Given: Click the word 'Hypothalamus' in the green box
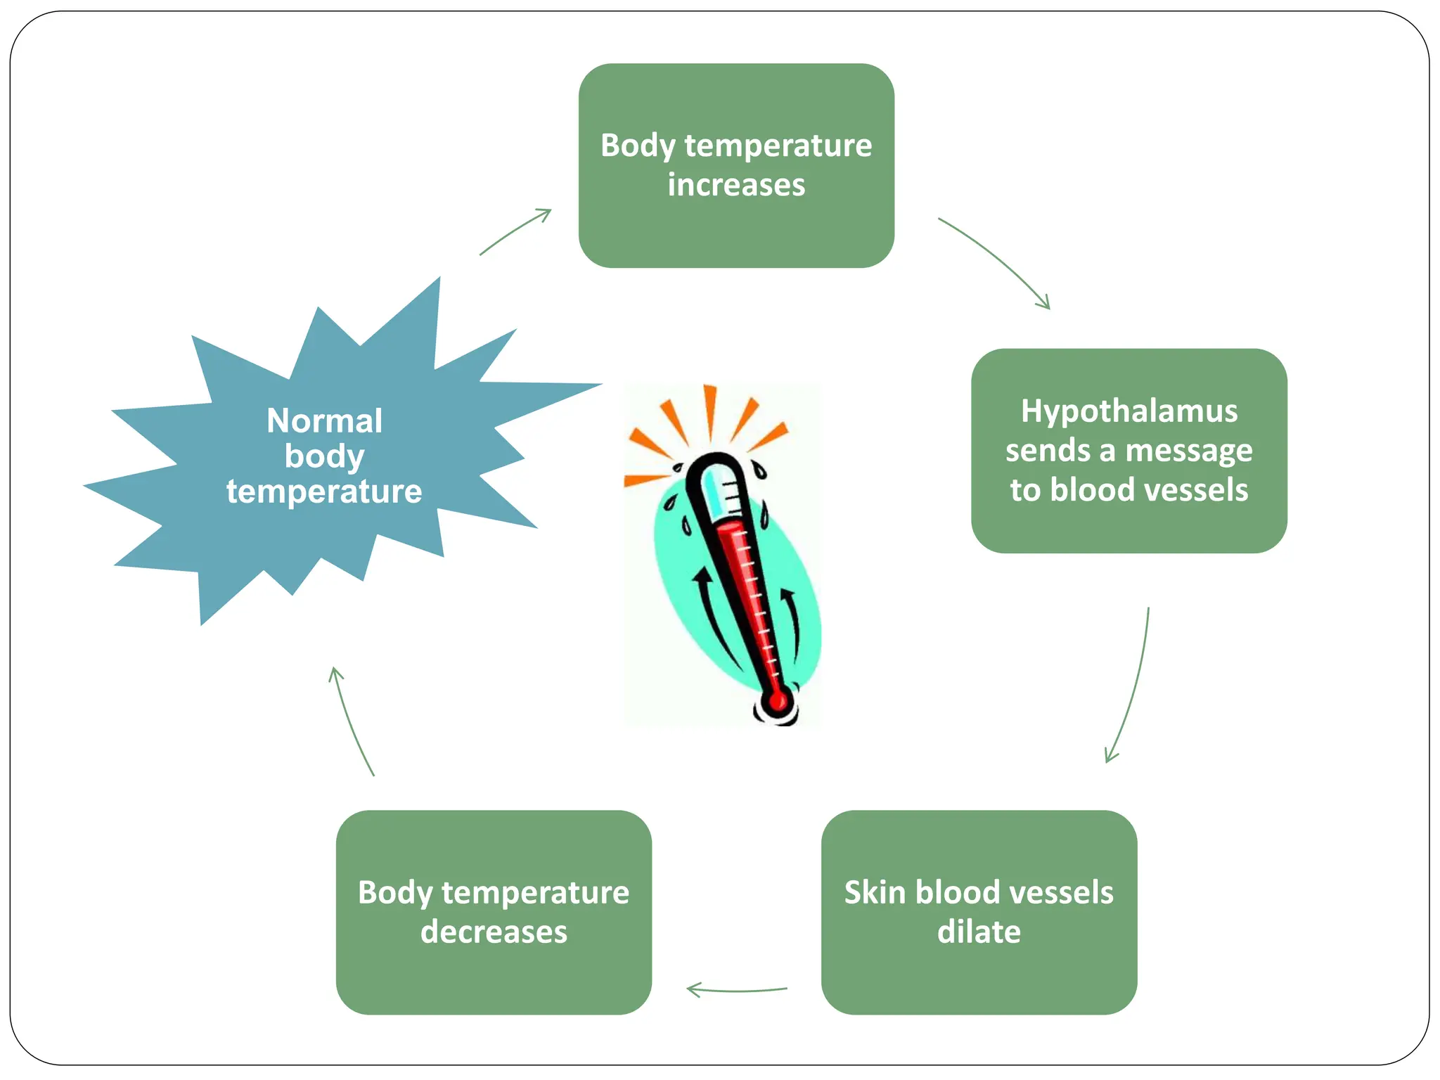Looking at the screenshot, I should point(1129,411).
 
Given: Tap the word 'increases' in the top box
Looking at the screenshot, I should point(736,186).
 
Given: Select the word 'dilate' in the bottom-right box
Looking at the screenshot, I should point(979,932).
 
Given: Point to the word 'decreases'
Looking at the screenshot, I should point(494,932).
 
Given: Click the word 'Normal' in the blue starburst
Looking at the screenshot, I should point(325,421).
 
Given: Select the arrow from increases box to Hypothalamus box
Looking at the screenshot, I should point(998,260).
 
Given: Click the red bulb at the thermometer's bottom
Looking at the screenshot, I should point(777,701).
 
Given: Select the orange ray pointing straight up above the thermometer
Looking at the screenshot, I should point(710,411).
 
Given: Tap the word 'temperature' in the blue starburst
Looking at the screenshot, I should point(324,491).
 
